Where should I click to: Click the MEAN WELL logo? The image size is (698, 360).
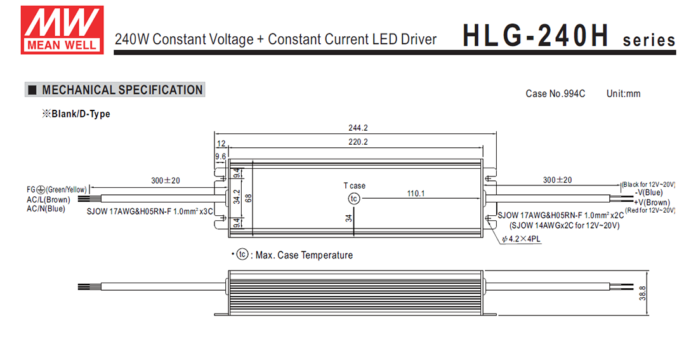(x=62, y=29)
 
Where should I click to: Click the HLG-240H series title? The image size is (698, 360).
(x=569, y=36)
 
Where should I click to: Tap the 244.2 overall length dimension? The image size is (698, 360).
(x=358, y=128)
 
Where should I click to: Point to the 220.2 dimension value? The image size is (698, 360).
(x=358, y=142)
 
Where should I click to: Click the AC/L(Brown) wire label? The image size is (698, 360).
(x=49, y=199)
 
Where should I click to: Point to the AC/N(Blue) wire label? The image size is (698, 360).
(x=46, y=209)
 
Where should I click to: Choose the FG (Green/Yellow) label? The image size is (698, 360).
(x=56, y=189)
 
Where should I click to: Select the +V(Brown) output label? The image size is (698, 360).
(x=651, y=202)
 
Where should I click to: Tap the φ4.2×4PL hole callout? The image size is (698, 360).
(x=524, y=239)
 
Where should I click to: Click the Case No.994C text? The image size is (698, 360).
(x=555, y=94)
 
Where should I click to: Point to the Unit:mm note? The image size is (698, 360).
(x=623, y=94)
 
